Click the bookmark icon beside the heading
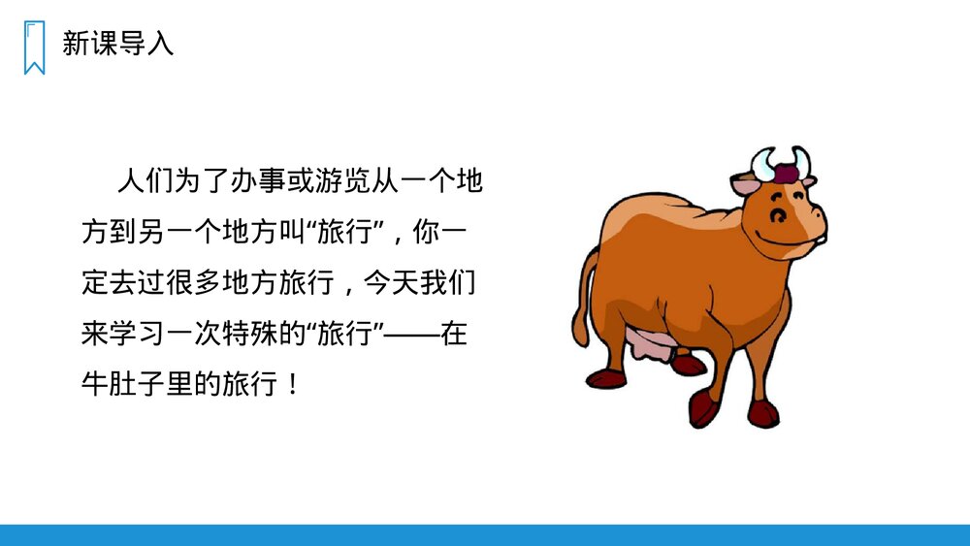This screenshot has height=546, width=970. [34, 47]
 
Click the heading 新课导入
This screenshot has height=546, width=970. [117, 44]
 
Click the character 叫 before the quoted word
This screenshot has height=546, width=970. [293, 234]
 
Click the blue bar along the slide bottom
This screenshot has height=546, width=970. [485, 534]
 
